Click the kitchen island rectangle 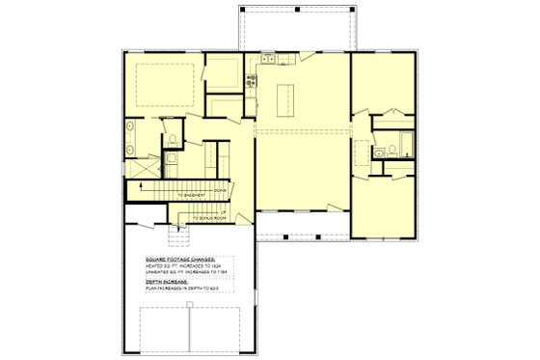coord(285,98)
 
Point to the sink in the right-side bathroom coord(380,152)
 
